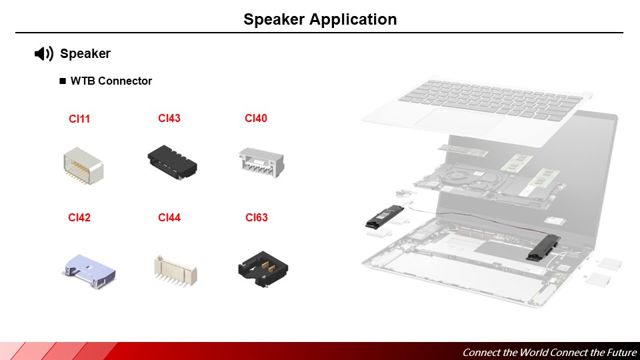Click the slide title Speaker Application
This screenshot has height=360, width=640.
320,19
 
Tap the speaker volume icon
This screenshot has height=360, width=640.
44,53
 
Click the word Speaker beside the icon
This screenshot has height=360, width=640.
85,53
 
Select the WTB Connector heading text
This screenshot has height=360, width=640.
111,81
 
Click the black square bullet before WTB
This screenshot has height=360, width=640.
63,81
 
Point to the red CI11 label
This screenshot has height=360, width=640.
79,119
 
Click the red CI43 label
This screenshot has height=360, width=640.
169,118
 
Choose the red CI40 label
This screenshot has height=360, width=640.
256,118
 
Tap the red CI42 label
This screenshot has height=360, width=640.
79,217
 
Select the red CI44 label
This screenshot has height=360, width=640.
169,217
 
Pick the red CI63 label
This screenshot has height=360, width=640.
256,217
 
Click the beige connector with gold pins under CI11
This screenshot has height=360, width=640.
83,166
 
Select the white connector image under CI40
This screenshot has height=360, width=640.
261,163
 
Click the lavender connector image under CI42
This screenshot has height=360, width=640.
89,271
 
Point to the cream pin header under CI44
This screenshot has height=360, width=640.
175,271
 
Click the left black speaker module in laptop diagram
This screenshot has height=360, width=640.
385,216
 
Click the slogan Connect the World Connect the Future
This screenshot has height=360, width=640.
549,352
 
